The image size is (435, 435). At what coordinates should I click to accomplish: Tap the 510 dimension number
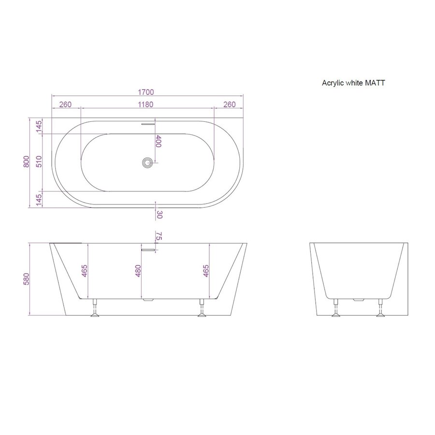pos(39,161)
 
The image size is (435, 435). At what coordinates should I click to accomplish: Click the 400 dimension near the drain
pos(158,141)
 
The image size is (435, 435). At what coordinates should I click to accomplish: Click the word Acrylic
pos(333,83)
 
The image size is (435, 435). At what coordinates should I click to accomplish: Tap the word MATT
pos(376,83)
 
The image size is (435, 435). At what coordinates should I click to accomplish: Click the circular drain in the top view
pos(146,162)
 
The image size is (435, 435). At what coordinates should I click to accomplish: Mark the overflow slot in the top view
pos(147,123)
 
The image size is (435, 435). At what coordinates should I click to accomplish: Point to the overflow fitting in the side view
pos(148,249)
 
